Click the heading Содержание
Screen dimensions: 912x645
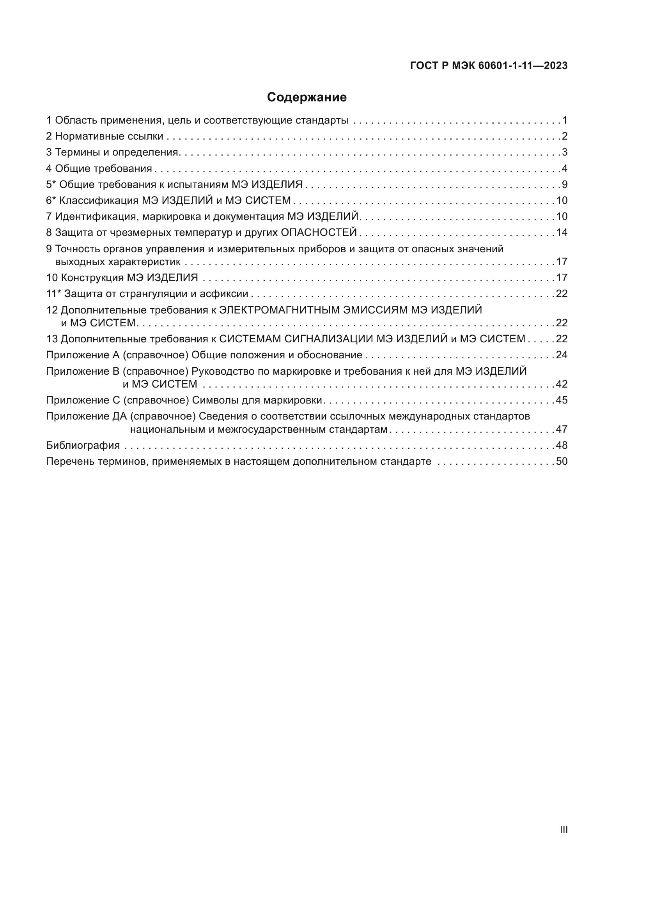pyautogui.click(x=307, y=97)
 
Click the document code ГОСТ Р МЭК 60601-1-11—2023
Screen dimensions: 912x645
pyautogui.click(x=489, y=66)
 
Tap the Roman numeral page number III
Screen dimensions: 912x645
pyautogui.click(x=563, y=829)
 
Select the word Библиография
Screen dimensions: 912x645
pyautogui.click(x=83, y=445)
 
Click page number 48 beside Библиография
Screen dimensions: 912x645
pyautogui.click(x=562, y=445)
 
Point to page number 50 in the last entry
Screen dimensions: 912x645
pyautogui.click(x=562, y=462)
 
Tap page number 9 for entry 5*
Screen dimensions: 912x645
pyautogui.click(x=564, y=184)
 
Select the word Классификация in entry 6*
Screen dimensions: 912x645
pyautogui.click(x=99, y=200)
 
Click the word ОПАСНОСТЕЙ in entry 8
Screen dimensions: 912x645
pyautogui.click(x=319, y=232)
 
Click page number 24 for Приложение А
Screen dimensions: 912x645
pyautogui.click(x=562, y=355)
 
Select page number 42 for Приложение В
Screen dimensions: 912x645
pyautogui.click(x=562, y=384)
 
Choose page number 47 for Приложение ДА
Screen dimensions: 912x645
pyautogui.click(x=562, y=429)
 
